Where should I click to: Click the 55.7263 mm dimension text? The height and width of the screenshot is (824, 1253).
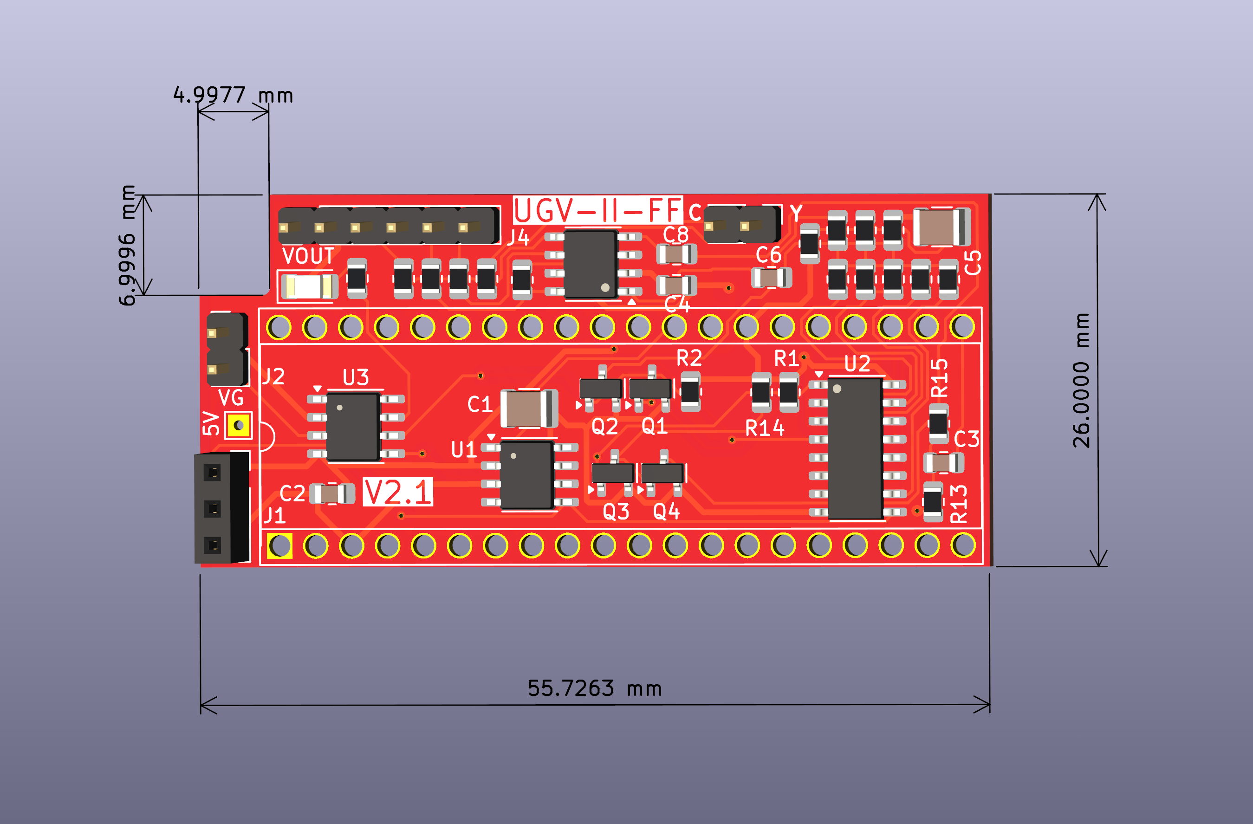point(594,688)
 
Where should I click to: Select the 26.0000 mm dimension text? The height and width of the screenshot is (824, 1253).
point(1081,380)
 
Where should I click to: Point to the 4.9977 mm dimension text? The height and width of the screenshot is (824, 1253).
point(233,95)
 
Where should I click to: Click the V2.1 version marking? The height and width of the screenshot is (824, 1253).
point(397,492)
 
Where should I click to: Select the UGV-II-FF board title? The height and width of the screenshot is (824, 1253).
point(597,210)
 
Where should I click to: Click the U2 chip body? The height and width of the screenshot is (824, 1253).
point(855,448)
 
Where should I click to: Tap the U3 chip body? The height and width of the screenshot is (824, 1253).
point(352,427)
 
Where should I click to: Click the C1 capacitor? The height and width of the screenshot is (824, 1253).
point(528,409)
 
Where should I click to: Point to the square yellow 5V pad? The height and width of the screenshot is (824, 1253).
point(239,425)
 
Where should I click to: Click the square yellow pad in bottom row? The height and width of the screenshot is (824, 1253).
point(279,545)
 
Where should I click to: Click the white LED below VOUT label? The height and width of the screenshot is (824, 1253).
point(308,287)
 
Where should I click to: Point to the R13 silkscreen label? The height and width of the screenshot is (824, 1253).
point(958,504)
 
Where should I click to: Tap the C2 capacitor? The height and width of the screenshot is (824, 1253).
point(331,494)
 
